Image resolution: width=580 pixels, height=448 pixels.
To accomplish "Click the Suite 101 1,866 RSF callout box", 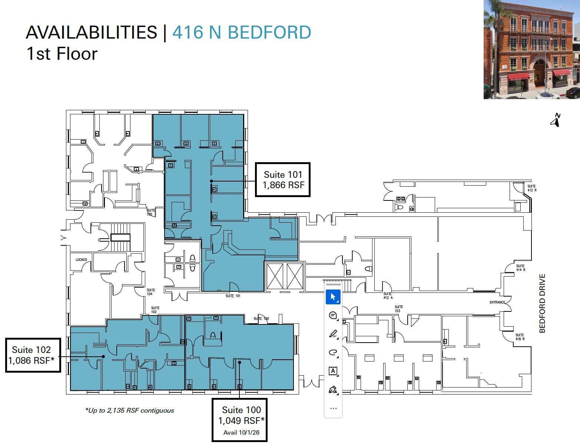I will pos(283,180).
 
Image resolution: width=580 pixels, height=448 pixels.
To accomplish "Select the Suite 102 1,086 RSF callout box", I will pos(33,355).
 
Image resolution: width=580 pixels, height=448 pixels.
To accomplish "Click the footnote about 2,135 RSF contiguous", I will pos(129,411).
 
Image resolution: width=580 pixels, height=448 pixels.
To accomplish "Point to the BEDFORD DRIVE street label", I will pos(542,303).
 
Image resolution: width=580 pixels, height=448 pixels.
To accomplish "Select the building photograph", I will pos(531,49).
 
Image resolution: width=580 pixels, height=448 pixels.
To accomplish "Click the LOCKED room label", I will pos(81,260).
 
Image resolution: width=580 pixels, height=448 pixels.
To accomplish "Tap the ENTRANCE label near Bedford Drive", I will pos(497,302).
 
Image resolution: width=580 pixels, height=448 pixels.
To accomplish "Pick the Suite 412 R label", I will pos(531,188).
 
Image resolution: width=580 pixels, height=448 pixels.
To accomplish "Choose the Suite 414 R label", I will pos(520,268).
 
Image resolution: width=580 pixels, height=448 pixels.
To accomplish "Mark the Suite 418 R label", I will pos(520,337).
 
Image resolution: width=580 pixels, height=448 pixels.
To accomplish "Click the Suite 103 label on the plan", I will pos(398,309).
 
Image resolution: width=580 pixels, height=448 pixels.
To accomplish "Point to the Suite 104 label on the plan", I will pos(150,292).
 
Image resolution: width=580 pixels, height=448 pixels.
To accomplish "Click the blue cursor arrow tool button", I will pos(333,297).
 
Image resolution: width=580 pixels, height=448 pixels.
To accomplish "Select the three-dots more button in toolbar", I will pos(333,408).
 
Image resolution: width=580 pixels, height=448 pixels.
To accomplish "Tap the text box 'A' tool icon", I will pos(333,371).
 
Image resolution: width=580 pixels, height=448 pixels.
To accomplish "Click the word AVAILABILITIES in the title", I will pos(92,32).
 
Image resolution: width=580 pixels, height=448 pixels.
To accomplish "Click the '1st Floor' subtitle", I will pos(62,54).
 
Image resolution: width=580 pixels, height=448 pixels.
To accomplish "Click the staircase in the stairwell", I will pos(120,237).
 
